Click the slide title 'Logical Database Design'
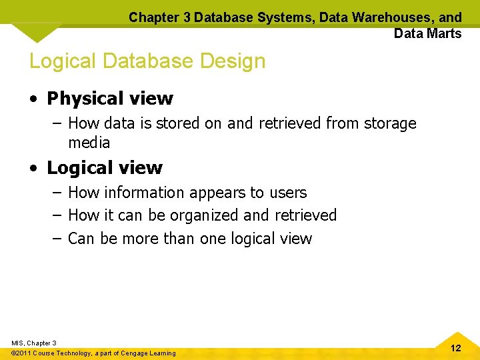click(147, 61)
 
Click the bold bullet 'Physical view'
click(109, 99)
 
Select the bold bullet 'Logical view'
click(104, 168)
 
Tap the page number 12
click(456, 348)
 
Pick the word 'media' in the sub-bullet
click(89, 143)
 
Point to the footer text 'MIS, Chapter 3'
click(34, 343)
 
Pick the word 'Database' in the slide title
click(144, 61)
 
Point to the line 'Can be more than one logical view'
click(189, 238)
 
